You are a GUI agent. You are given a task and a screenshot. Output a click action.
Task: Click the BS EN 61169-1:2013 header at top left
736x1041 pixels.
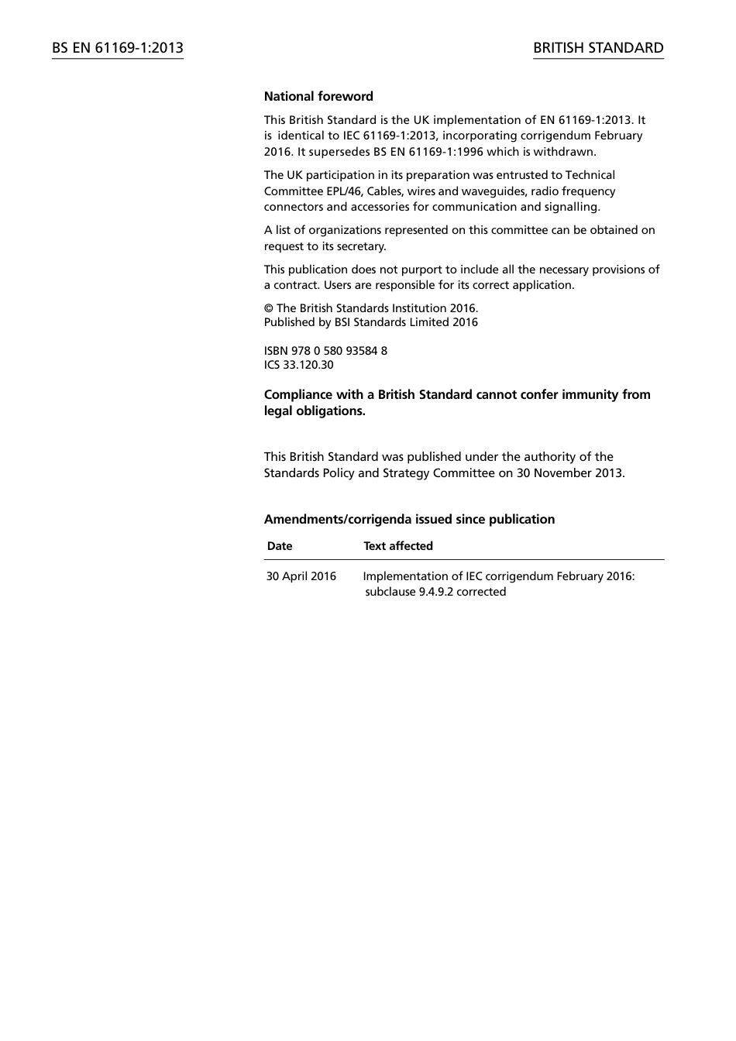[x=118, y=48]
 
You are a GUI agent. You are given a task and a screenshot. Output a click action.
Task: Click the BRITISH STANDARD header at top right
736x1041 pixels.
[x=598, y=48]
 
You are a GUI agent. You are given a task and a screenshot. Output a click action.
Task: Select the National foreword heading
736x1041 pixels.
[x=318, y=97]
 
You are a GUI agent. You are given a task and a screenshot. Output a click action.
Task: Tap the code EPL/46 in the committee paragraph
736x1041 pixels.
[x=344, y=191]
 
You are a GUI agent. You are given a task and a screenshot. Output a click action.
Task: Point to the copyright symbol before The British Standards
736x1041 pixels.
[x=268, y=308]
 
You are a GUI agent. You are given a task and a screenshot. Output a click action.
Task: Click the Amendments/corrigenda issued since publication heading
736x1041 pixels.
[x=409, y=520]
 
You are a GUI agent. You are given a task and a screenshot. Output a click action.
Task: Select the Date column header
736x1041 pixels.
[x=280, y=546]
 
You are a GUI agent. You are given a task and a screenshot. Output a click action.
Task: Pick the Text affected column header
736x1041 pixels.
[x=398, y=546]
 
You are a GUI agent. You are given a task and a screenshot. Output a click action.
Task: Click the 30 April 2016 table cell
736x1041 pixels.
[x=301, y=576]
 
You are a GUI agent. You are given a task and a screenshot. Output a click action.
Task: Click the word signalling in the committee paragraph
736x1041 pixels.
[x=571, y=207]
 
